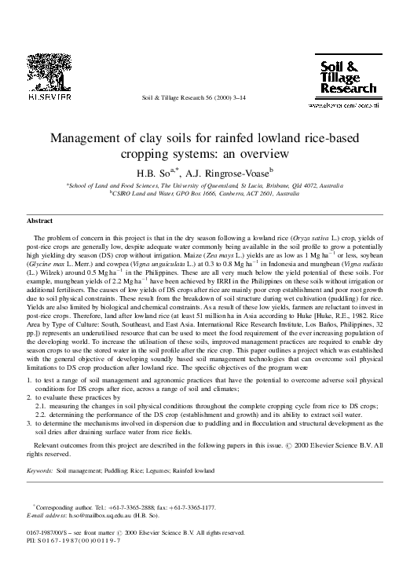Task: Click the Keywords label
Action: (x=39, y=471)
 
